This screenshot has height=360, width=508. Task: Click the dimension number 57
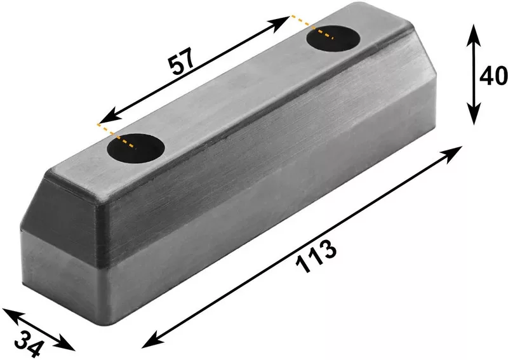coord(182,62)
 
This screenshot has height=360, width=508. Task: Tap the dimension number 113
coord(316,257)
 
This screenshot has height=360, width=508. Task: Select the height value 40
coord(493,76)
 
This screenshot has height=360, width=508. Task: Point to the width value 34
coord(29,343)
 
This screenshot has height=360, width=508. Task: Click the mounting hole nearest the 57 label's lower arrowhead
coord(136,148)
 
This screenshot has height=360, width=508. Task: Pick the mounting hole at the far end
coord(333,39)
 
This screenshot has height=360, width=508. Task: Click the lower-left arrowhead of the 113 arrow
coord(152,340)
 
